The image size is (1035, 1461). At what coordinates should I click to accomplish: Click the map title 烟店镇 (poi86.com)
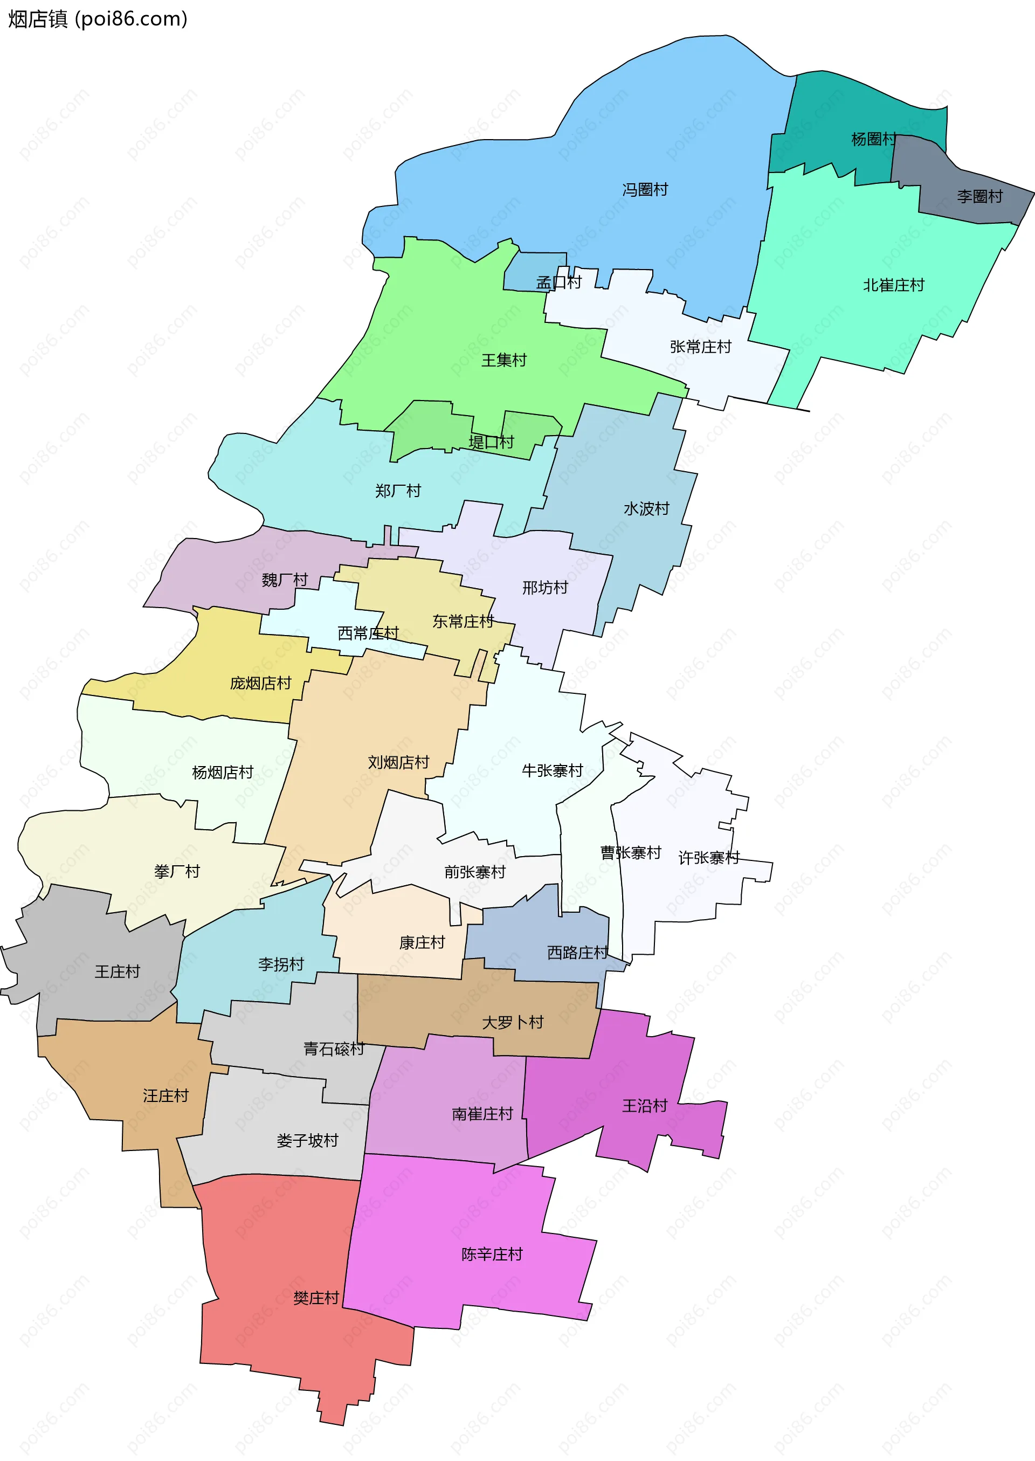98,19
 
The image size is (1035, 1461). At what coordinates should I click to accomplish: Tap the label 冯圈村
645,189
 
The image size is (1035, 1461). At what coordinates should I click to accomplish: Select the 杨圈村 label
873,139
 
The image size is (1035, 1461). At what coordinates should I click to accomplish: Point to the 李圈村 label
979,196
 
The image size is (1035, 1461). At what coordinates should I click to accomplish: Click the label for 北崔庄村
894,285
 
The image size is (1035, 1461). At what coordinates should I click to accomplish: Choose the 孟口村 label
559,282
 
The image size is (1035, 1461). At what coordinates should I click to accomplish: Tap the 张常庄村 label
700,347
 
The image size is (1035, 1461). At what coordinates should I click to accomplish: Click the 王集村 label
504,360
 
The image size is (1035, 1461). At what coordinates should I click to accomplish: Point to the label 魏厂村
285,580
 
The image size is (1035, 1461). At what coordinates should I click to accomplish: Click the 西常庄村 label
368,633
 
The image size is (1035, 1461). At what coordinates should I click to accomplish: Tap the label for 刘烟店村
398,762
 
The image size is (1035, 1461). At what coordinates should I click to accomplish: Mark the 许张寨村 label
709,858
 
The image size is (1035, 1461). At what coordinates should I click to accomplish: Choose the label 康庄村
422,943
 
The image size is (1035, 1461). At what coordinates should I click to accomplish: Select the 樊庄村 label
316,1298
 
